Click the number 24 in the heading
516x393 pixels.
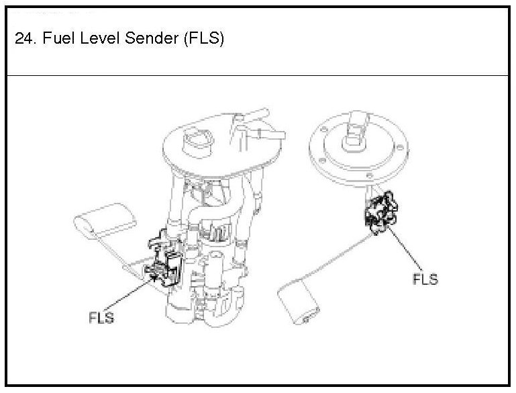coord(23,38)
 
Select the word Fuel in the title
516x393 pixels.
coord(56,38)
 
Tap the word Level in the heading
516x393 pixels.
coord(98,38)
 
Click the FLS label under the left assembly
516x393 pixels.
coord(101,316)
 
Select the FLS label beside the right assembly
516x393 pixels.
coord(425,279)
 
